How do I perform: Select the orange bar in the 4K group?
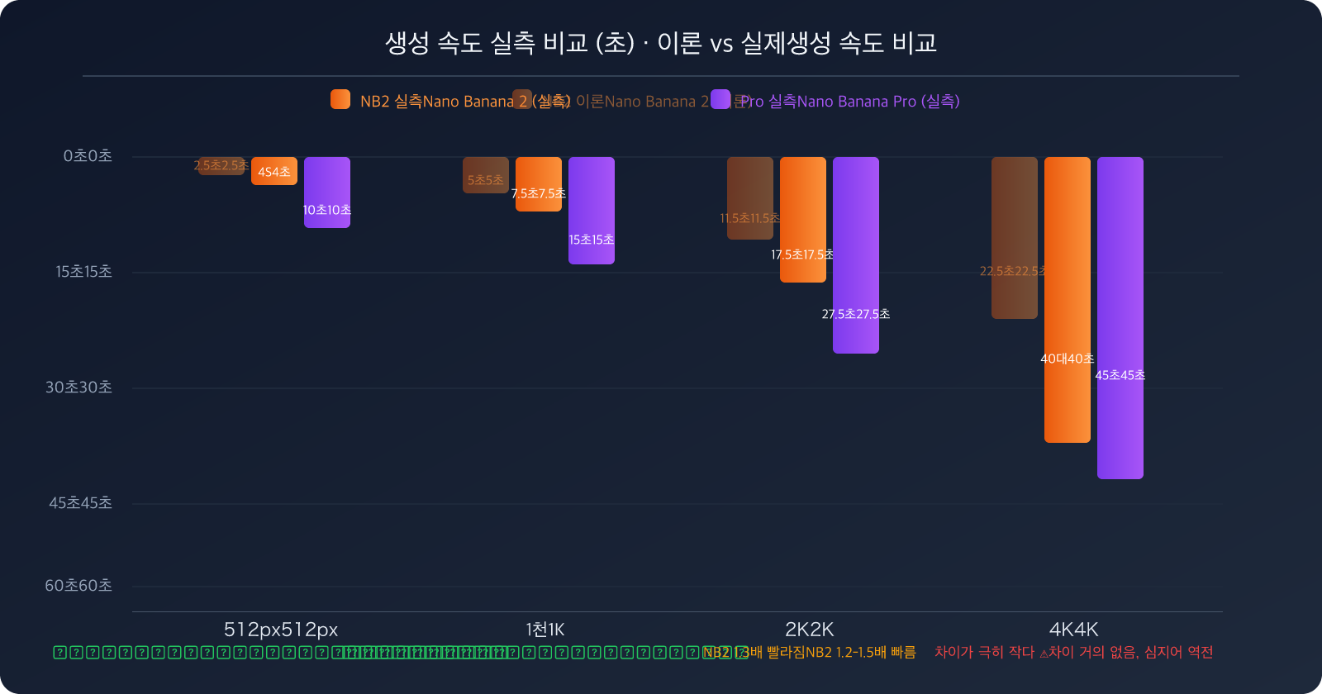[1067, 299]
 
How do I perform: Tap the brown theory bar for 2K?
[749, 197]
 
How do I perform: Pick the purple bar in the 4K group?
[1120, 317]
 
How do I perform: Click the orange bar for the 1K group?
[538, 183]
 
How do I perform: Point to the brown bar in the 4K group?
[1014, 237]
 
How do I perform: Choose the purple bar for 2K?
[855, 254]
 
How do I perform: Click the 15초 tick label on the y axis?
[83, 272]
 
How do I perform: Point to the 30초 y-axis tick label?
[78, 387]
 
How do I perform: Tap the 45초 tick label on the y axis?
[80, 503]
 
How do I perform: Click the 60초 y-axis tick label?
[78, 586]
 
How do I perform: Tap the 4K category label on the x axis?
[1073, 630]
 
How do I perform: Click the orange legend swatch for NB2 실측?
[340, 99]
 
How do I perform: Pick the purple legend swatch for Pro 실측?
[720, 99]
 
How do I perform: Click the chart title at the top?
[660, 43]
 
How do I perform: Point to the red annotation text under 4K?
[1073, 653]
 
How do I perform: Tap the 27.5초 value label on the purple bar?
[855, 314]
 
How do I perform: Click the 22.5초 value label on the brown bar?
[1013, 271]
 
